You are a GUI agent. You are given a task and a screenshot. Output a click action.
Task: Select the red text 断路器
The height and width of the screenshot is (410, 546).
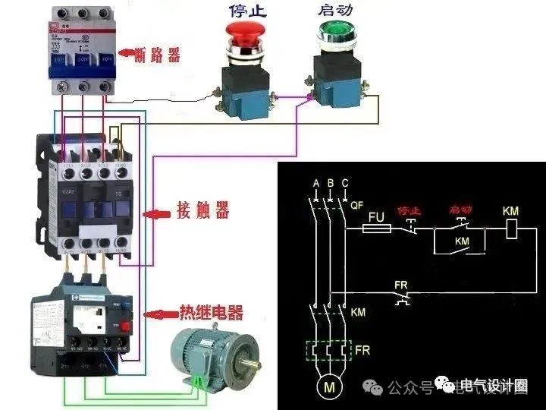pyautogui.click(x=157, y=55)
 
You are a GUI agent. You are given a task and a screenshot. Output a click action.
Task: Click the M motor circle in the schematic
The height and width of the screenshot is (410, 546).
pyautogui.click(x=330, y=388)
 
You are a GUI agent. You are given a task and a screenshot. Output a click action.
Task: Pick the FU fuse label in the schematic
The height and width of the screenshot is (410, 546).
pyautogui.click(x=377, y=216)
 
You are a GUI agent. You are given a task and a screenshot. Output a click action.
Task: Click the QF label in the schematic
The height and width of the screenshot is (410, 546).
pyautogui.click(x=358, y=205)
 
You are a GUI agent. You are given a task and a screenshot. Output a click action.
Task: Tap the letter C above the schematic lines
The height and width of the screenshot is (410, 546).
pyautogui.click(x=345, y=184)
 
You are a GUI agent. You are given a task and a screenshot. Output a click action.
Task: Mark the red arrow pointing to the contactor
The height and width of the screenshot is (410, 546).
pyautogui.click(x=158, y=215)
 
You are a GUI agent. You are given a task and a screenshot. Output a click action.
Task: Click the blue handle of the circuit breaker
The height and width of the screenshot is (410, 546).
pyautogui.click(x=78, y=70)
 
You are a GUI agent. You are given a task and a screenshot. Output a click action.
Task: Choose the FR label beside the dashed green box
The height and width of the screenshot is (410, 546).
pyautogui.click(x=363, y=352)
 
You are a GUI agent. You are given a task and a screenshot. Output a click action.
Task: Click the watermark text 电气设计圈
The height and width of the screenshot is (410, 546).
pyautogui.click(x=494, y=387)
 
